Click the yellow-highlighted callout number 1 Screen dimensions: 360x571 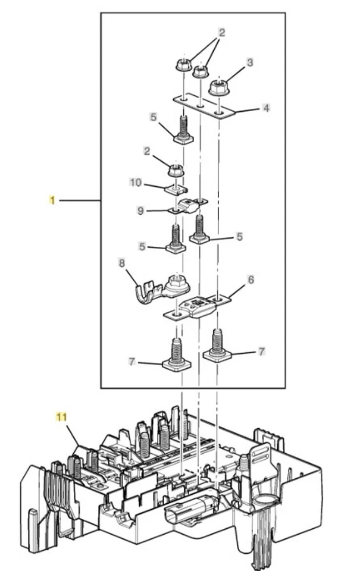[52, 200]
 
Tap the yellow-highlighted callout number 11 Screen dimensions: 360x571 [61, 416]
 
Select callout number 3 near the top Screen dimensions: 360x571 [249, 62]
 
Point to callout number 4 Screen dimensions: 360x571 [266, 108]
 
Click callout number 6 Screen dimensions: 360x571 [251, 280]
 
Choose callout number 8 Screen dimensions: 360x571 [122, 262]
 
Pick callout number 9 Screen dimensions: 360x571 [140, 211]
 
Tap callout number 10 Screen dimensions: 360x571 [136, 182]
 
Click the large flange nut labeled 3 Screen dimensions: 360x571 [218, 88]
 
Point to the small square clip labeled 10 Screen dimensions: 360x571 [176, 189]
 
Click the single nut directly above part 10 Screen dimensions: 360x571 [176, 170]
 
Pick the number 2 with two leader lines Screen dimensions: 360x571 [221, 32]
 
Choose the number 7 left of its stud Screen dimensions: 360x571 [132, 362]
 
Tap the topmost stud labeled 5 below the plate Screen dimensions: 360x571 [184, 129]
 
